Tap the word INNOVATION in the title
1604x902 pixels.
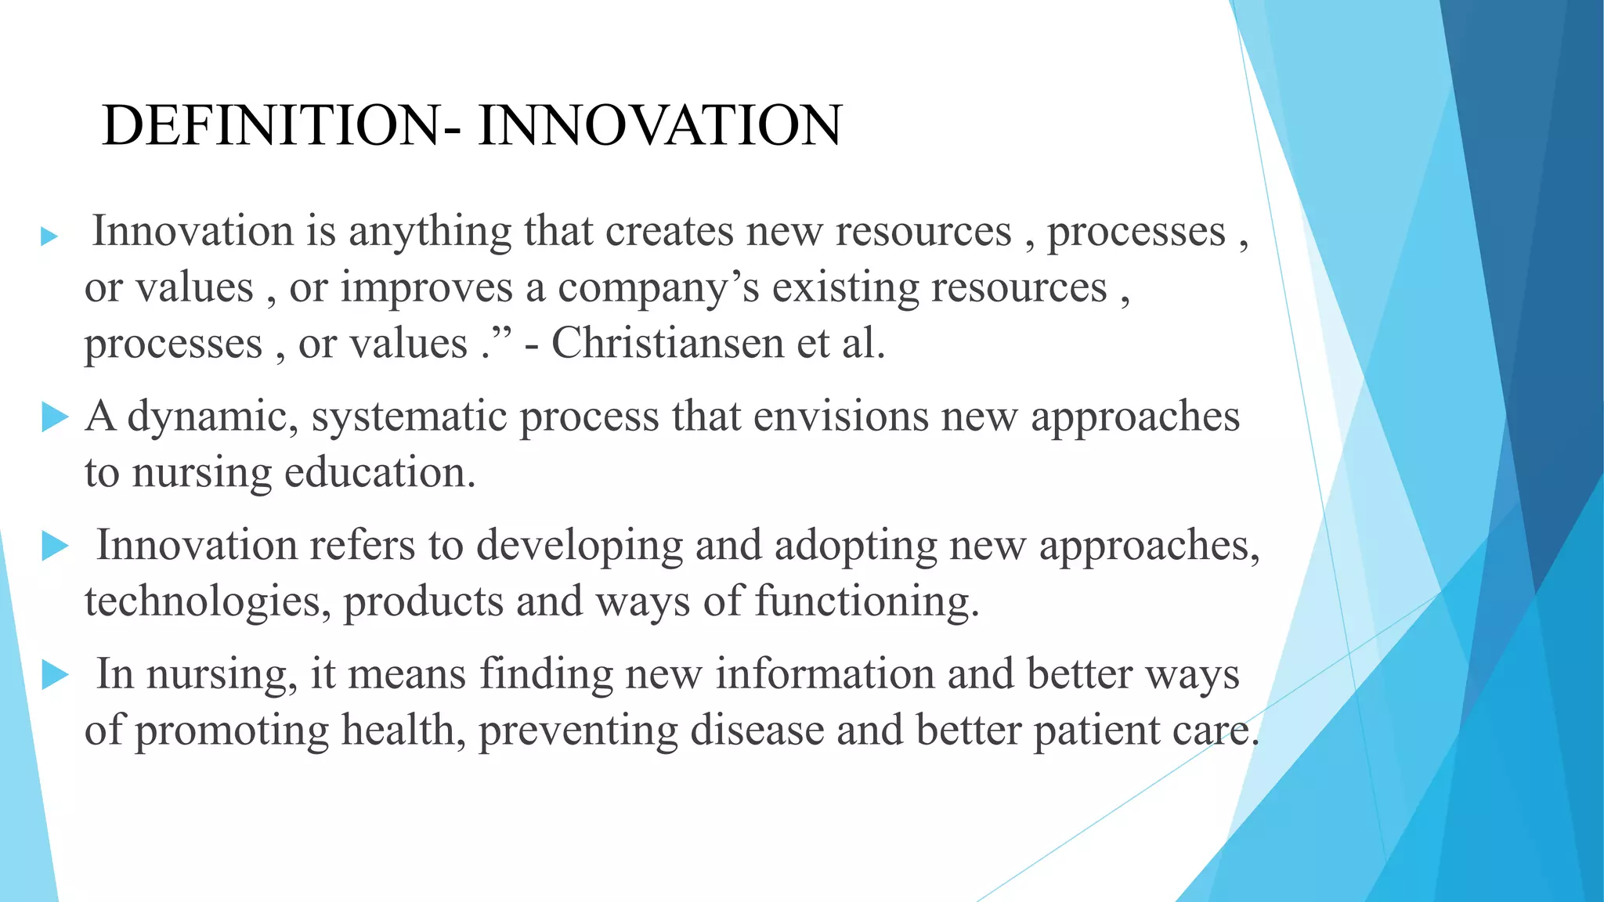659,125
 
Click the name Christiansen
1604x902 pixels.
668,343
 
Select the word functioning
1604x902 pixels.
867,601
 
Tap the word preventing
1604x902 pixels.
577,730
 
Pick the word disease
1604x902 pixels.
757,730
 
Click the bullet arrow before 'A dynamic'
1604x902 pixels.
55,417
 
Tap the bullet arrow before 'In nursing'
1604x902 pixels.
55,674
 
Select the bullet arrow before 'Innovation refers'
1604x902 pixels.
55,546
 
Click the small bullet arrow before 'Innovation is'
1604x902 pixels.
49,236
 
